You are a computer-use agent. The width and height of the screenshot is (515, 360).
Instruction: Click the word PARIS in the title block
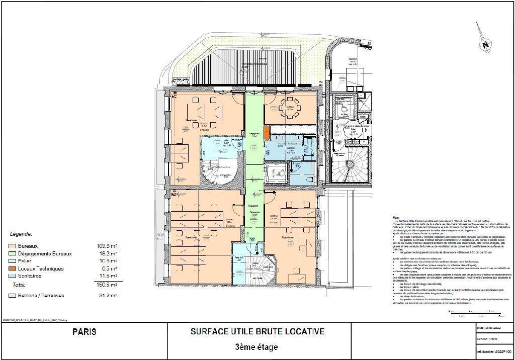click(84, 332)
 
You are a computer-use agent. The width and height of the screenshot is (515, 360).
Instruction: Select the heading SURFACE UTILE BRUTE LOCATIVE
click(257, 332)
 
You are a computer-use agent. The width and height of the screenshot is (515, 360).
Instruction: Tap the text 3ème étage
click(257, 347)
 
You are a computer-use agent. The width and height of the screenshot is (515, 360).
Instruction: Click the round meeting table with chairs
click(290, 107)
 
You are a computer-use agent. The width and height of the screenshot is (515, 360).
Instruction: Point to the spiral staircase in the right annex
click(352, 166)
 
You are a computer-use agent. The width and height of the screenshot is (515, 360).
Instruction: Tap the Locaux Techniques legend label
click(41, 268)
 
